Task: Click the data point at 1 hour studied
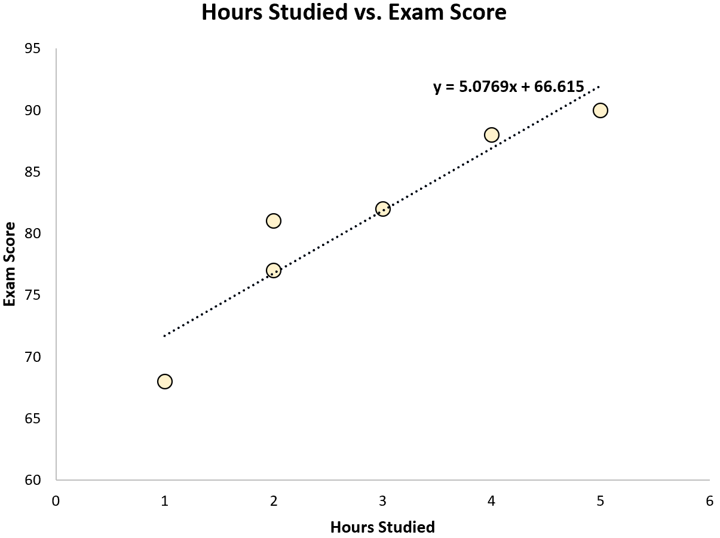coord(165,381)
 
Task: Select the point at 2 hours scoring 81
coord(274,221)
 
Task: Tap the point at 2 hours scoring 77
coord(274,270)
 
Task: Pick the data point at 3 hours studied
coord(383,209)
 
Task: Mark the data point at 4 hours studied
coord(492,135)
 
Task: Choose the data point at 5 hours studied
coord(600,110)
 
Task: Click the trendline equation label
coord(508,87)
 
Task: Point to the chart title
coord(354,13)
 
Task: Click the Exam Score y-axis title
coord(10,263)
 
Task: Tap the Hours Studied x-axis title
coord(382,527)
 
